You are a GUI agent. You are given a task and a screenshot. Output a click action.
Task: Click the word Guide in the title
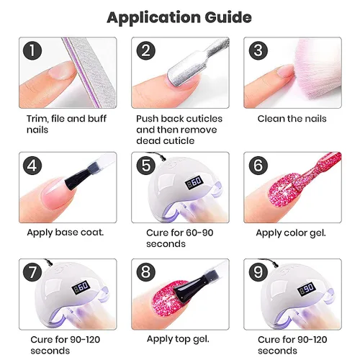click(x=228, y=17)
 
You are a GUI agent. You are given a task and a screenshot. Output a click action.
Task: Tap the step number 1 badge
click(x=32, y=50)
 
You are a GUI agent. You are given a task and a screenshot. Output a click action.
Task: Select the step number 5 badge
click(x=146, y=166)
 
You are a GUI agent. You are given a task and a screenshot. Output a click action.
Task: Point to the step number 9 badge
click(x=258, y=272)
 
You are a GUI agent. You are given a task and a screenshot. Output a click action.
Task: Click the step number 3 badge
click(x=258, y=50)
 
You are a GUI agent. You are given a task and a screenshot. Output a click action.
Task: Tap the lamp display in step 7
click(x=81, y=287)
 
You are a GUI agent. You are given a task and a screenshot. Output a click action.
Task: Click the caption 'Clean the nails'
click(x=292, y=119)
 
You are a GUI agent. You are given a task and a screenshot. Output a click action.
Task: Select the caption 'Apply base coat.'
click(x=66, y=233)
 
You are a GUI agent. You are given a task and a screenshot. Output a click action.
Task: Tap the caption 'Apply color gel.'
click(x=291, y=233)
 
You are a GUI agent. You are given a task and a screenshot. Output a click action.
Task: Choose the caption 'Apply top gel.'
click(x=178, y=339)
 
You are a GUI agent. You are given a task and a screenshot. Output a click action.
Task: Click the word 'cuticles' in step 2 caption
click(x=204, y=119)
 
